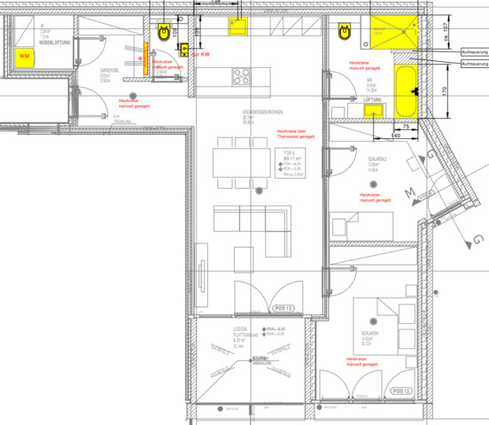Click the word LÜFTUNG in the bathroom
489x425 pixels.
click(348, 100)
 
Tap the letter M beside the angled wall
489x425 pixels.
click(410, 192)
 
